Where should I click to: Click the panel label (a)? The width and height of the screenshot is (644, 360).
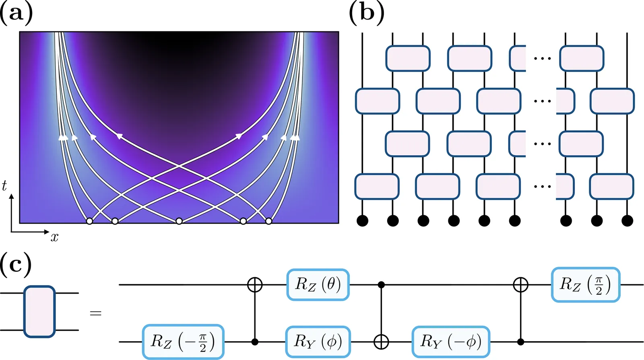coord(16,13)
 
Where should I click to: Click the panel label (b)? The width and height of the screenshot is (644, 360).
coord(366,13)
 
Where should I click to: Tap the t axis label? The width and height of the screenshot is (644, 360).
coord(4,185)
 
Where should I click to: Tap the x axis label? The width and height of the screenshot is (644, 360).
coord(55,238)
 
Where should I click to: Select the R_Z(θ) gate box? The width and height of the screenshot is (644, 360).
coord(318,285)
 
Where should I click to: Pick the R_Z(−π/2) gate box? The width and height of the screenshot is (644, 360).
coord(183,341)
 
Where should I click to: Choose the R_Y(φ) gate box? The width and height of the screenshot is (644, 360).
coord(318,341)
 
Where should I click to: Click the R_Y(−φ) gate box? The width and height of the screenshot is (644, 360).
coord(450,341)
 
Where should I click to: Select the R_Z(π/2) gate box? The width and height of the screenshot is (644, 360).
coord(585,285)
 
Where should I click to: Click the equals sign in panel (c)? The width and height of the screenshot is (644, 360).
coord(95,313)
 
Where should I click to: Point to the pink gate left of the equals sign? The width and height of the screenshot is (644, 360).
coord(39,311)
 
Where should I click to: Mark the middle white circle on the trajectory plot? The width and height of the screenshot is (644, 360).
coord(179,221)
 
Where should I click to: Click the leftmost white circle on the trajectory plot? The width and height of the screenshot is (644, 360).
coord(89,221)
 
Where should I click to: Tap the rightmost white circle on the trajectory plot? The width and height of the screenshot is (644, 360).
coord(268,221)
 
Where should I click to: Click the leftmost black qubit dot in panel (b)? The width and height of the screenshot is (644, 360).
coord(362,220)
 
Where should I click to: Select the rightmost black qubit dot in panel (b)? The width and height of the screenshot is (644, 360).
coord(627,220)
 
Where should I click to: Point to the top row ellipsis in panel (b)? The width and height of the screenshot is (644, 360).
coord(542,59)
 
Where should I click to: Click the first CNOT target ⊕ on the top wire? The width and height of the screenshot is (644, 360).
coord(254,285)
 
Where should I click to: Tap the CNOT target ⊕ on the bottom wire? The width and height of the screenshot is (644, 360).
coord(381,342)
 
